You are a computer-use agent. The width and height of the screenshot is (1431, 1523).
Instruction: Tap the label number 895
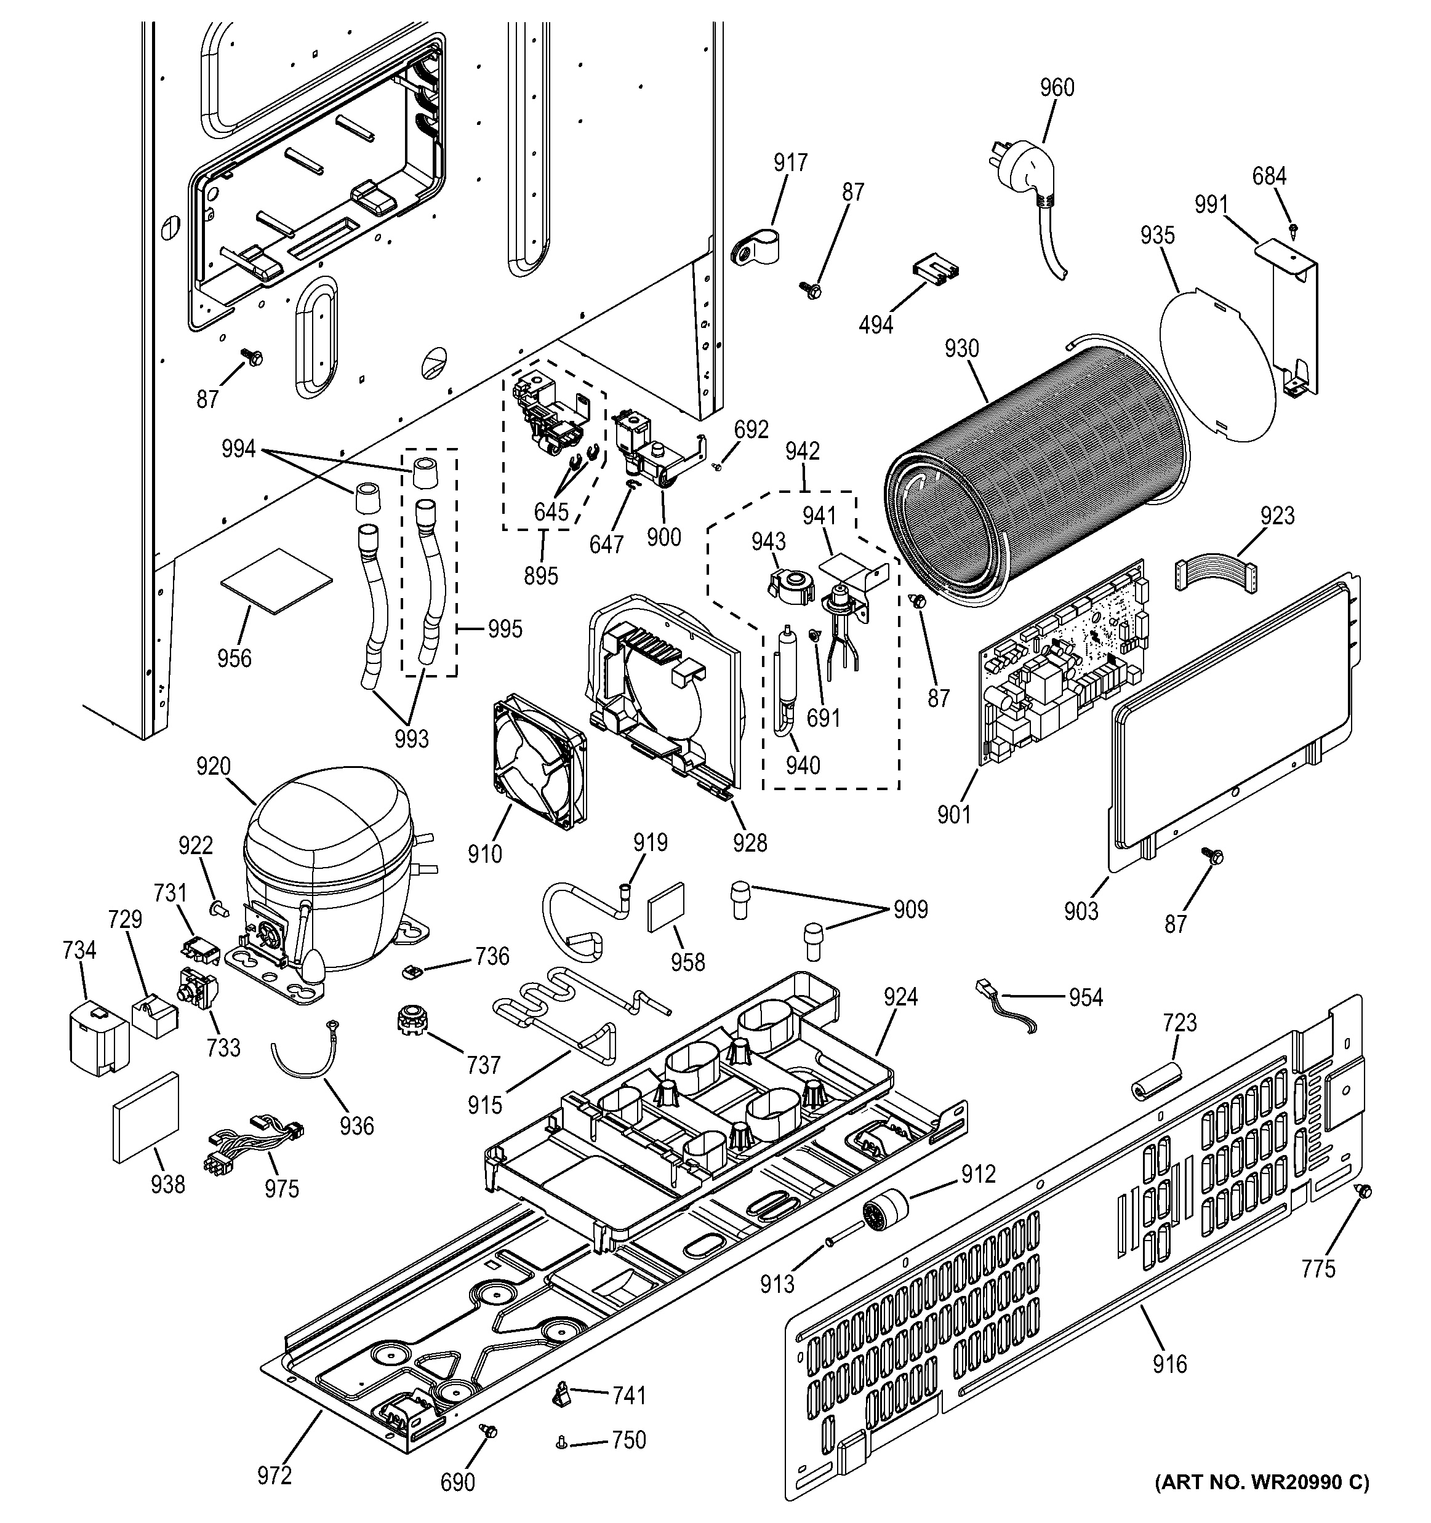(x=541, y=575)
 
